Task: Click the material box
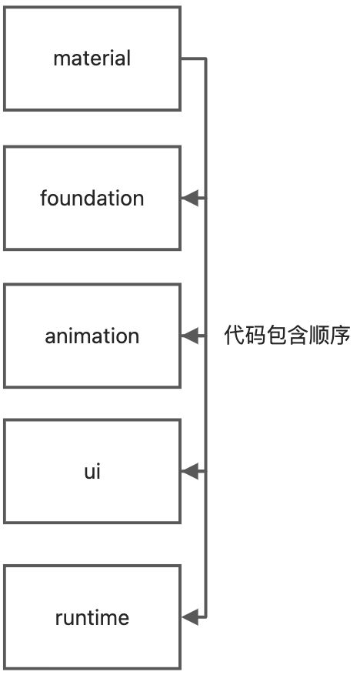(x=92, y=58)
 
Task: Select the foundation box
(x=92, y=198)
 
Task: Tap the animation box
(x=92, y=336)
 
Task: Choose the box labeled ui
(x=92, y=471)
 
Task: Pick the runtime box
(x=92, y=617)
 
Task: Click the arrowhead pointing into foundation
(x=190, y=198)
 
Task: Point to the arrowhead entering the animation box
(x=190, y=336)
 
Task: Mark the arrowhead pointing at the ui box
(x=190, y=471)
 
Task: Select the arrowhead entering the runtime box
(x=190, y=617)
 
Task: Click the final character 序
(x=340, y=336)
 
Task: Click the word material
(x=92, y=58)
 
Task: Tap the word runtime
(x=92, y=618)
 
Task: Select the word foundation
(x=92, y=198)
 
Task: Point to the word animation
(x=92, y=336)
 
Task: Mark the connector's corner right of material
(x=205, y=59)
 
